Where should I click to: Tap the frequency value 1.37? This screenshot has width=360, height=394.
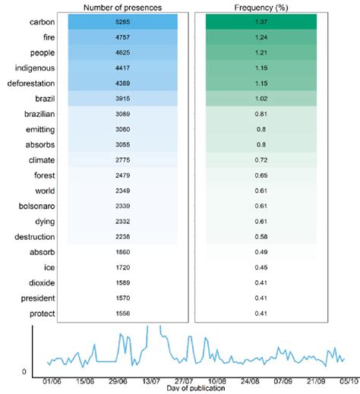262,22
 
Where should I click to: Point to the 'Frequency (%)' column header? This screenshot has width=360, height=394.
262,8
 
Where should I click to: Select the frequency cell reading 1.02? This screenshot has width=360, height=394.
262,99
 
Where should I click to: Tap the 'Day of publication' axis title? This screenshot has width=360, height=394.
197,388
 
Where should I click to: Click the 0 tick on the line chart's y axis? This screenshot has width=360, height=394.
24,371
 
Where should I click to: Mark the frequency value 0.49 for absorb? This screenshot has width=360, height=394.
262,251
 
